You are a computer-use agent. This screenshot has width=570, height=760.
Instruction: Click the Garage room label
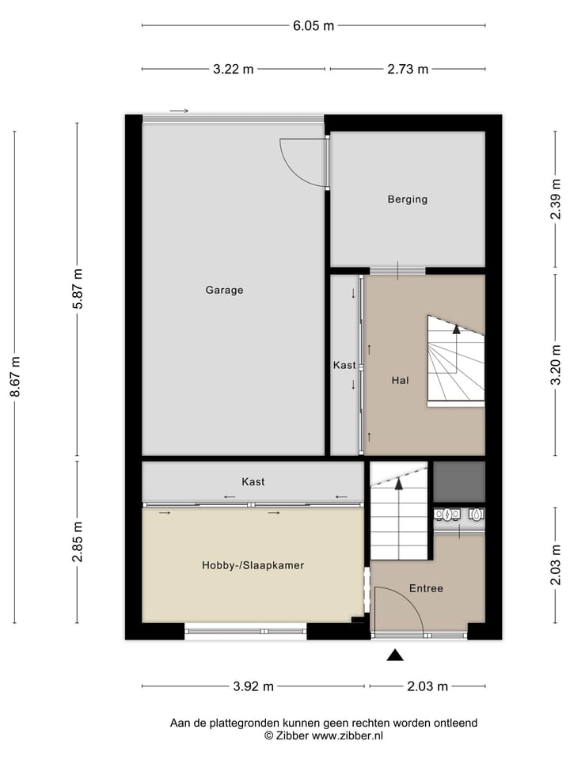tap(224, 290)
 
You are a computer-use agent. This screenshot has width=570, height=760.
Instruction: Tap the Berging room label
tap(407, 199)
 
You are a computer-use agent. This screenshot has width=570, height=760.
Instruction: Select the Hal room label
tap(400, 381)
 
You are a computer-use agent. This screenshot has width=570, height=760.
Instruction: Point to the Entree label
tap(426, 588)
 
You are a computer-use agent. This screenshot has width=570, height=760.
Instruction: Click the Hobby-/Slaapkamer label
tap(253, 565)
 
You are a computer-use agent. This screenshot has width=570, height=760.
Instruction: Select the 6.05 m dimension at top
tap(313, 25)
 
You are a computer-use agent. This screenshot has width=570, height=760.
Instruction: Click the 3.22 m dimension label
tap(234, 69)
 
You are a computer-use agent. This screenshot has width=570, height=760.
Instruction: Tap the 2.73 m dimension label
tap(408, 69)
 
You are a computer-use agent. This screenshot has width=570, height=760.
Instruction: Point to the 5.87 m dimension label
tap(77, 289)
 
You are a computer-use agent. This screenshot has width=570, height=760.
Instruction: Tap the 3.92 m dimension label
tap(253, 686)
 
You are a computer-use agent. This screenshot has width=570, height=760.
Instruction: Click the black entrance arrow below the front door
tap(394, 655)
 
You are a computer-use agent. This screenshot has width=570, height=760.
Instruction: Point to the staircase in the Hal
tap(455, 360)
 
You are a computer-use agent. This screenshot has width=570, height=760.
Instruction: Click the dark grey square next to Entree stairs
tap(459, 481)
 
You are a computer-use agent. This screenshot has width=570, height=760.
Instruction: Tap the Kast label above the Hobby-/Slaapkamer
tap(253, 481)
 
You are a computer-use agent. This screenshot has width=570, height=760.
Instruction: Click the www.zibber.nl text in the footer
tap(347, 735)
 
